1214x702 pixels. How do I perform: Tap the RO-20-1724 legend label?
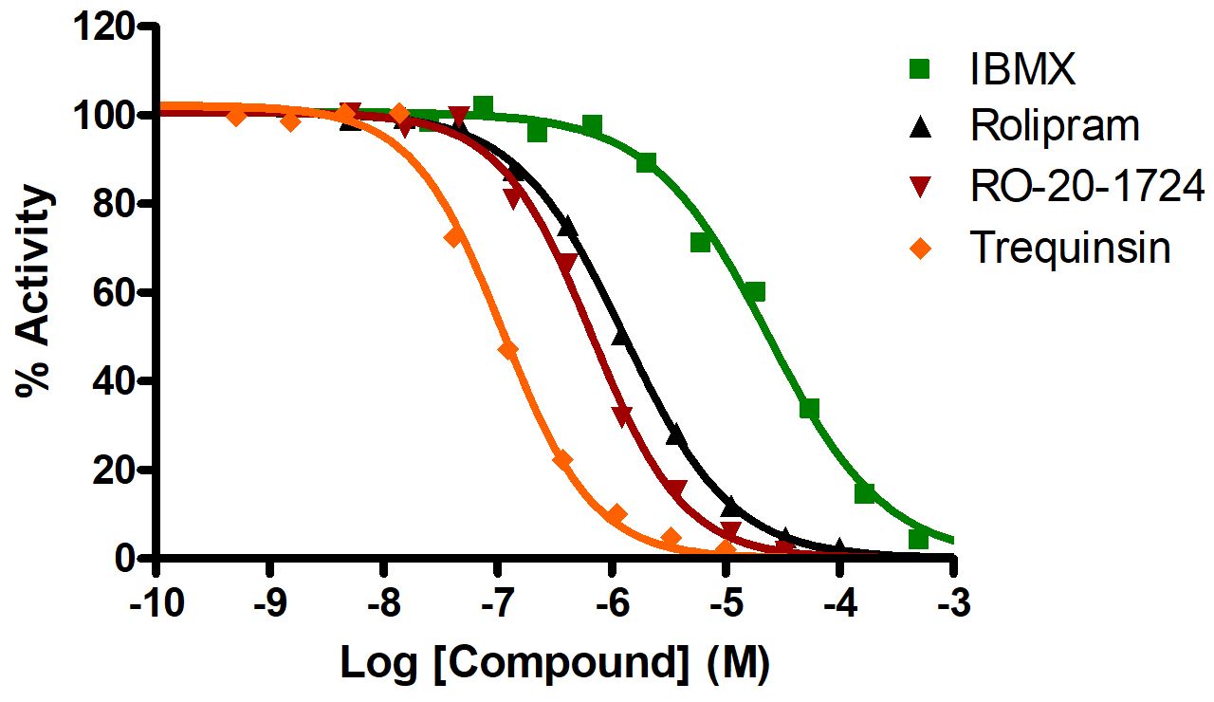point(1086,188)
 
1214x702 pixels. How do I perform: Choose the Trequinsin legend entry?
point(1070,249)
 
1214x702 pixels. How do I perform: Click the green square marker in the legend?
point(918,69)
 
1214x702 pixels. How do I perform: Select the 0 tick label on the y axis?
point(128,559)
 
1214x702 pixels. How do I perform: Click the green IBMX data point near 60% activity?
point(755,292)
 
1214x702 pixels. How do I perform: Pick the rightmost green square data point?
point(918,539)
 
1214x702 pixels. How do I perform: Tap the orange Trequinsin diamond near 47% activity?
point(508,350)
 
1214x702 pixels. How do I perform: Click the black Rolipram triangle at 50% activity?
point(621,336)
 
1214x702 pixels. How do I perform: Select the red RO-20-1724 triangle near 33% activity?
point(623,414)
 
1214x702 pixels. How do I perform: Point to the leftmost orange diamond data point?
point(237,116)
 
